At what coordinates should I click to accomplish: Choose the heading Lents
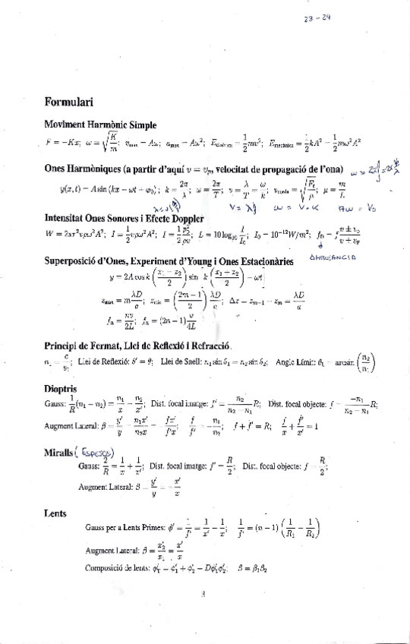point(56,514)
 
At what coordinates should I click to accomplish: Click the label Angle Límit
point(298,363)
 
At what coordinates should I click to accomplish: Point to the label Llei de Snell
point(182,363)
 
